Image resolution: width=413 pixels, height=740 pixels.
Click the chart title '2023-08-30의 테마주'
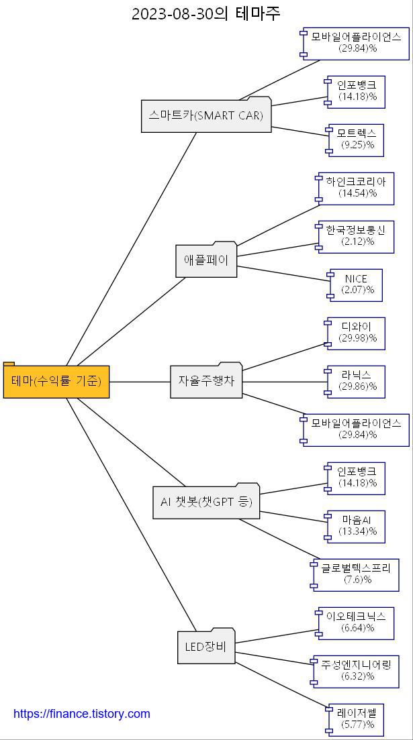[206, 13]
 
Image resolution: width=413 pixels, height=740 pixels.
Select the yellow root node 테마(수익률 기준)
[56, 381]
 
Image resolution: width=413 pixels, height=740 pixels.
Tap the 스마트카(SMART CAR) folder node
[206, 115]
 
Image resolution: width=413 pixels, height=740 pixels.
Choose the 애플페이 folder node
[206, 260]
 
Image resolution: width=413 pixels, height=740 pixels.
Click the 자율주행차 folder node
[206, 380]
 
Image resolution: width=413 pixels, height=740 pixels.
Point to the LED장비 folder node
[206, 647]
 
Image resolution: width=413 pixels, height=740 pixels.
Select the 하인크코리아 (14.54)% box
[356, 188]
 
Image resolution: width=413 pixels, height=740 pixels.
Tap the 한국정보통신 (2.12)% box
[356, 236]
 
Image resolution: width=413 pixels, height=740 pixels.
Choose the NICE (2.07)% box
[357, 284]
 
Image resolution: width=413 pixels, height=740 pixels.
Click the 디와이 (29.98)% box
[357, 333]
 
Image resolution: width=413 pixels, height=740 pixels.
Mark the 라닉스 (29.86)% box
[357, 381]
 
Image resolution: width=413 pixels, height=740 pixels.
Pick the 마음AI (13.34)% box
[357, 526]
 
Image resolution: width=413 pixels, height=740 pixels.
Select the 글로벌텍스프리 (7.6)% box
[356, 574]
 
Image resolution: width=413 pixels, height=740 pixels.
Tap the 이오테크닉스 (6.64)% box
[356, 623]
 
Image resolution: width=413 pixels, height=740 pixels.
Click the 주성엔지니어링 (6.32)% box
[356, 671]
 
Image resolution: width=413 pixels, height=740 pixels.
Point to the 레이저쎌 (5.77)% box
[357, 719]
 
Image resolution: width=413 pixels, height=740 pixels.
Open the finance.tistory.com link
[82, 714]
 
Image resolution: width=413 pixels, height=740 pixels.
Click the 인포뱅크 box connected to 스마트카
[357, 91]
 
